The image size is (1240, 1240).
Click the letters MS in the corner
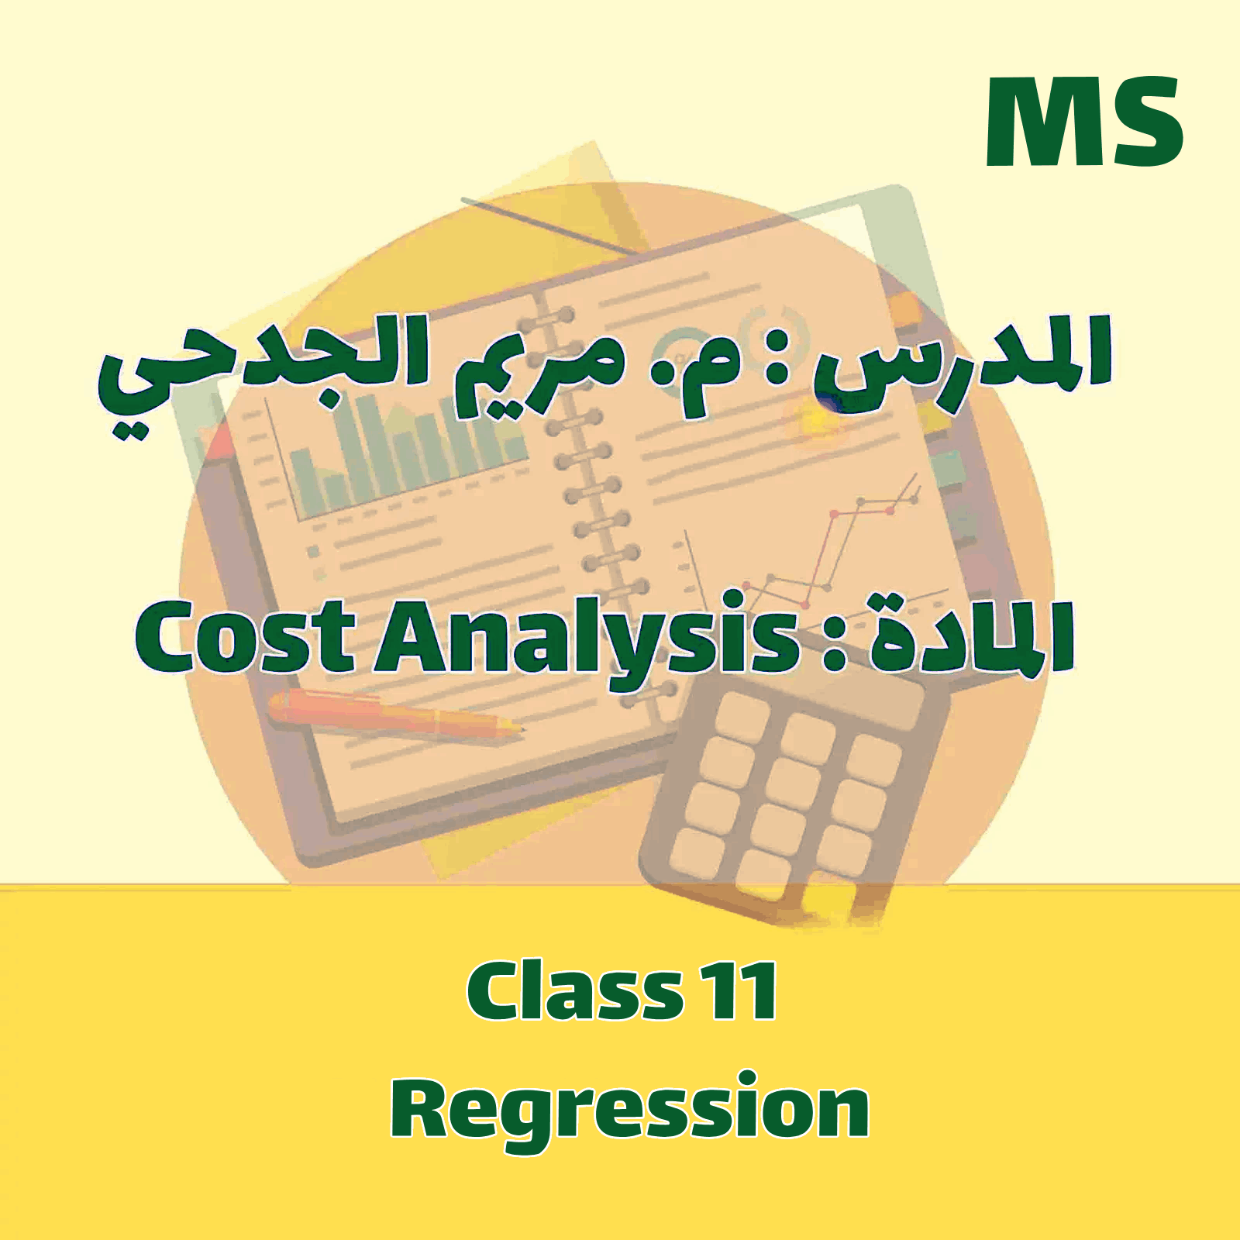coord(1083,122)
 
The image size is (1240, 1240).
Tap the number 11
coord(740,992)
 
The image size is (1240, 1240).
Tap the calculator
coord(790,798)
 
